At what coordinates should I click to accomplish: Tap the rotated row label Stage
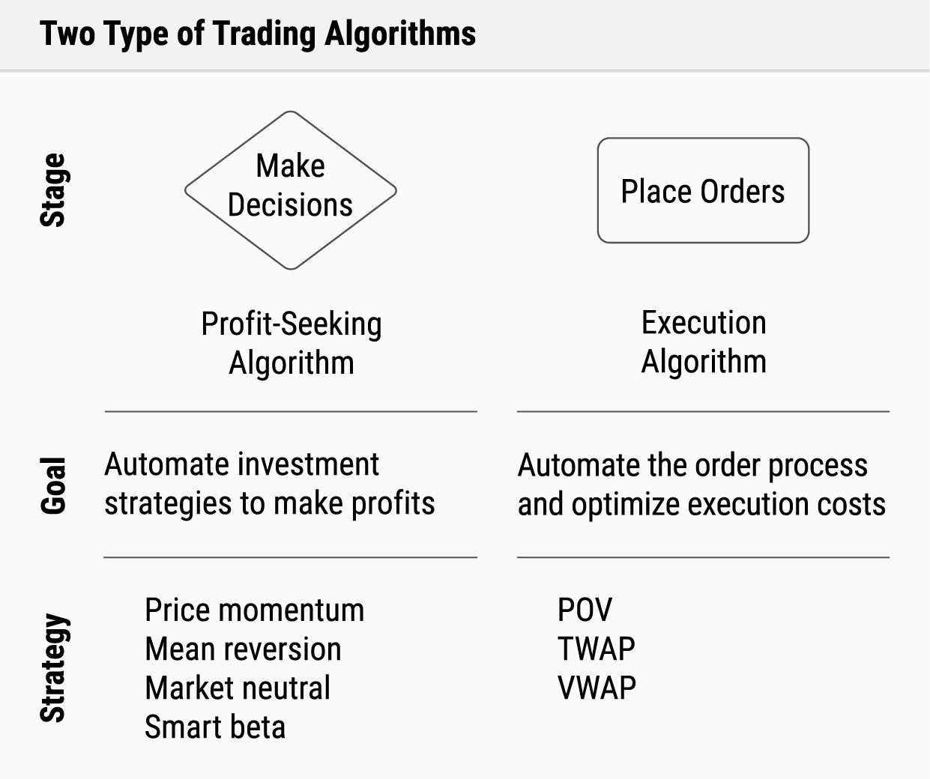pos(53,190)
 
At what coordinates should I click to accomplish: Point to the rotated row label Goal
pos(53,485)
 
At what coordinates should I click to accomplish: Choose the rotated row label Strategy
pos(54,667)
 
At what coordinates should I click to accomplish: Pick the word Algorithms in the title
pos(400,34)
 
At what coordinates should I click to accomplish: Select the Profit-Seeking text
pos(292,324)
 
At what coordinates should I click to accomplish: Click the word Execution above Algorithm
pos(704,322)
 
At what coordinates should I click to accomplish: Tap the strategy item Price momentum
pos(254,610)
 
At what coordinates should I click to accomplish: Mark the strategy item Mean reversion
pos(244,649)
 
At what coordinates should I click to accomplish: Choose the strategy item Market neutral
pos(238,688)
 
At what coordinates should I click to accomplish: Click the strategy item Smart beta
pos(215,727)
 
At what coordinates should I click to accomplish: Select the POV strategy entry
pos(585,610)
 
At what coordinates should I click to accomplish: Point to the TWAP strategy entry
pos(597,649)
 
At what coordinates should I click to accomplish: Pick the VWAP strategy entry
pos(597,688)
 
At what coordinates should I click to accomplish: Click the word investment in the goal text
pos(308,464)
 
